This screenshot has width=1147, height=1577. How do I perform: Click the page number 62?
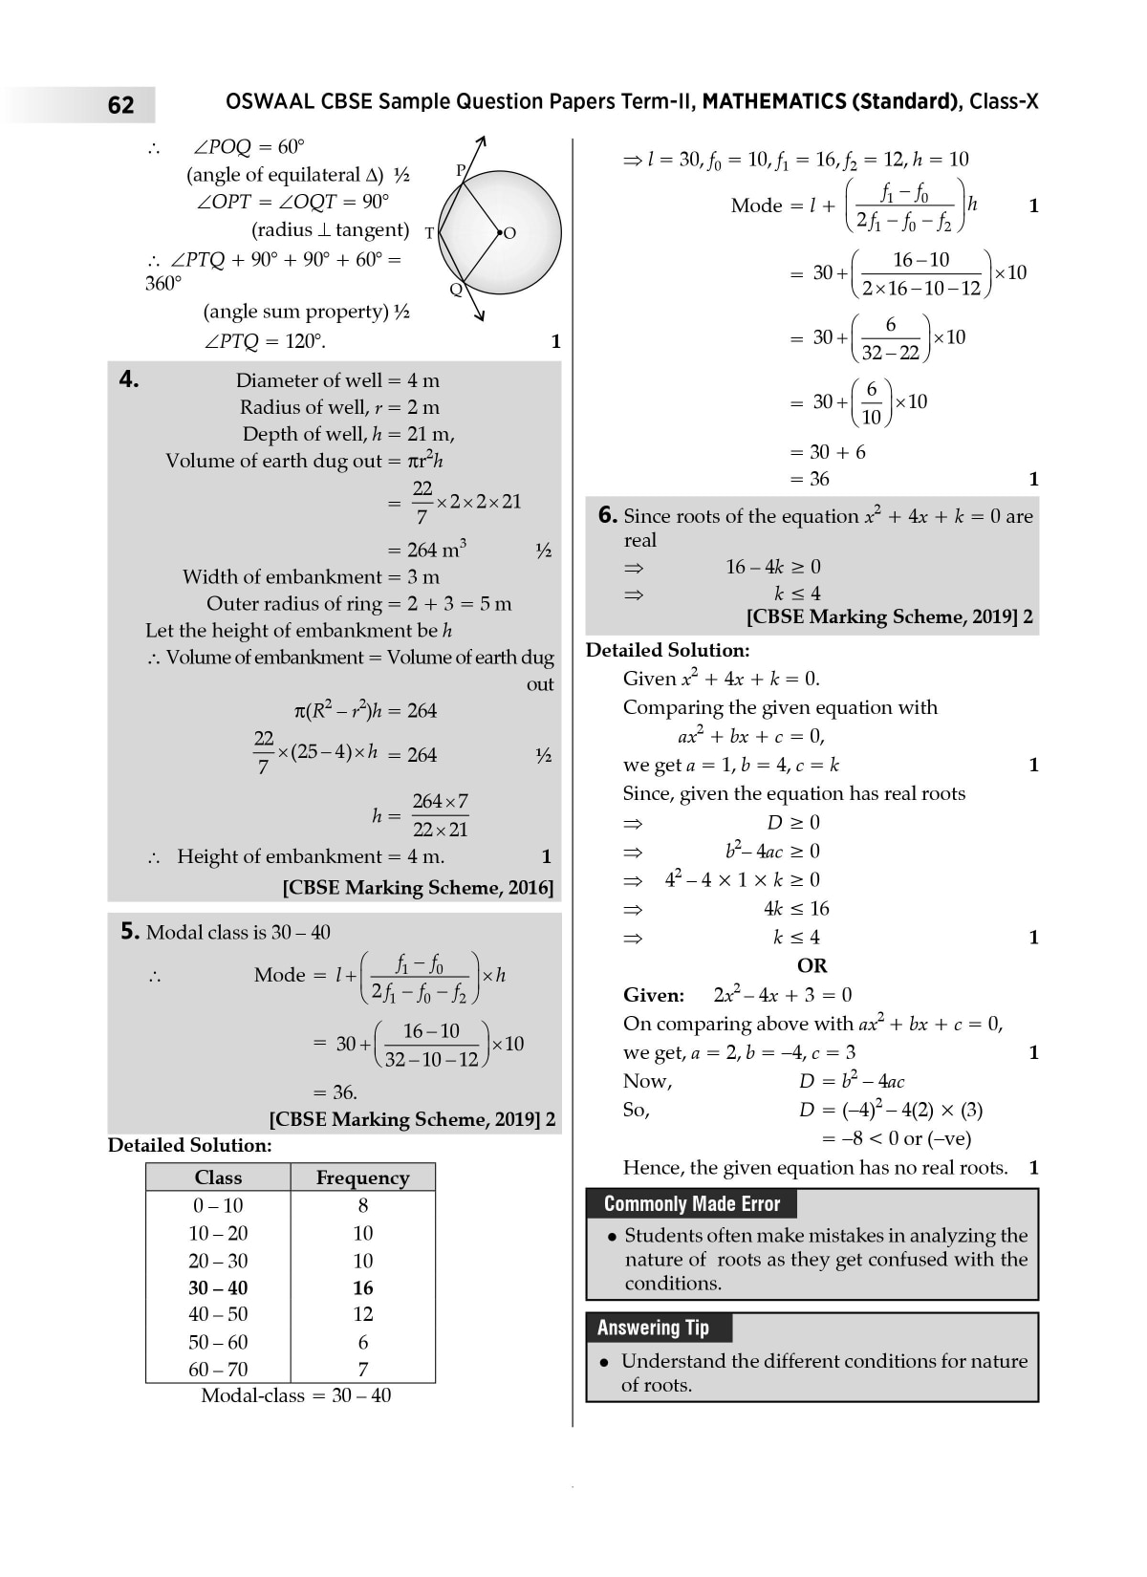(121, 105)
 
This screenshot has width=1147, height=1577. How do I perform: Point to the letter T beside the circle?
(429, 233)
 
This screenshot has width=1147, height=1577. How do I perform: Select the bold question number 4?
(129, 379)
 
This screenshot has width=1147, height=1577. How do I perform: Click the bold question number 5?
(130, 931)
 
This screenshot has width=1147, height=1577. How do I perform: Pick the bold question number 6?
(608, 515)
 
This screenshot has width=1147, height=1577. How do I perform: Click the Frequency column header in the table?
(362, 1177)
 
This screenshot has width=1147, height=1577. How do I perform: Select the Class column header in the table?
(218, 1177)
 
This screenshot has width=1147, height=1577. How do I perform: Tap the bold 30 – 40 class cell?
(218, 1287)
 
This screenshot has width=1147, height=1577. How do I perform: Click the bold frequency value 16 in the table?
(363, 1287)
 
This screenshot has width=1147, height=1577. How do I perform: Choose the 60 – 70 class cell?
(218, 1369)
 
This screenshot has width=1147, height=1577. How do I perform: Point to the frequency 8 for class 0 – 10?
(363, 1205)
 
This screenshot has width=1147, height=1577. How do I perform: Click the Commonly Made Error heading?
(692, 1204)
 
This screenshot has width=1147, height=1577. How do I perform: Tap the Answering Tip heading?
(653, 1328)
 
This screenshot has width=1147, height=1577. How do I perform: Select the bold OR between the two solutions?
(812, 965)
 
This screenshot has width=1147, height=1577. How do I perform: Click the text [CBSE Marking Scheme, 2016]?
(418, 888)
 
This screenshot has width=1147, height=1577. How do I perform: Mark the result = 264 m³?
(426, 550)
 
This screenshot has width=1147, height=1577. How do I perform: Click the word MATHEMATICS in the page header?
(772, 102)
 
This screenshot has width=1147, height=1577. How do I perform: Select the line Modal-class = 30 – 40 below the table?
(295, 1395)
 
